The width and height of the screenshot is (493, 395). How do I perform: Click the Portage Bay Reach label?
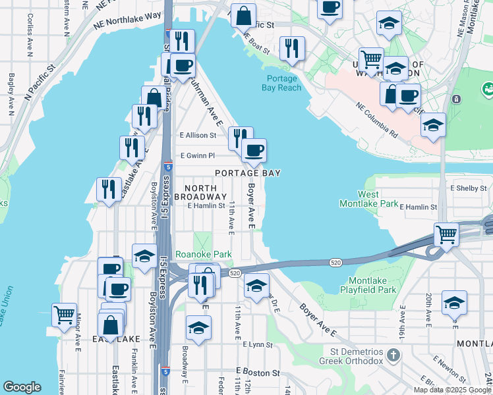click(281, 83)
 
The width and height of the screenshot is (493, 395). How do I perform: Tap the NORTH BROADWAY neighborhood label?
click(196, 192)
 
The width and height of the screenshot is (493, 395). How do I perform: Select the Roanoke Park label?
click(194, 253)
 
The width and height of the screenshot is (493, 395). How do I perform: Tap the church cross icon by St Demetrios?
click(393, 356)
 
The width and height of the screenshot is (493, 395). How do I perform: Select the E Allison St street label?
click(198, 135)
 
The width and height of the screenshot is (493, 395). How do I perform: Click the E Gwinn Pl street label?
click(198, 156)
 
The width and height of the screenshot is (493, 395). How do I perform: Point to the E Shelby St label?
click(468, 188)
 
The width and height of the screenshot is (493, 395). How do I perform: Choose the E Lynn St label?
click(257, 344)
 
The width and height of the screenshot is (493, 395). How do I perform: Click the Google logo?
click(22, 388)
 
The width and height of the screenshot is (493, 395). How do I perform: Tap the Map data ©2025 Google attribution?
click(452, 390)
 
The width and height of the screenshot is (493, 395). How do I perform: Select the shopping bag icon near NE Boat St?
click(244, 14)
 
